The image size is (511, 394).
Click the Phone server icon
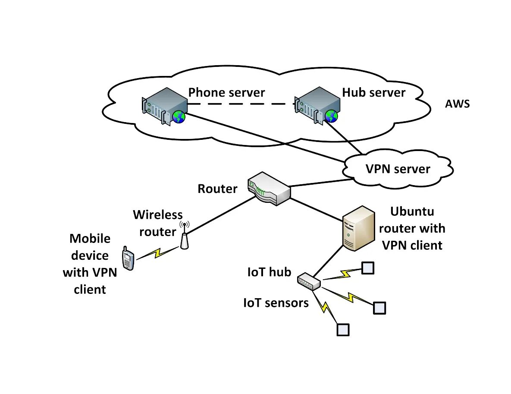click(163, 105)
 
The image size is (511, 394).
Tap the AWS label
click(458, 104)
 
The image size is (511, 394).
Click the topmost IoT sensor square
click(367, 268)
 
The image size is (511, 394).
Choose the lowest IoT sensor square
click(342, 330)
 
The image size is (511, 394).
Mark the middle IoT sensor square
click(379, 308)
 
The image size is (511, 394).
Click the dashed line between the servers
click(241, 104)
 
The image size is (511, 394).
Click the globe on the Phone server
click(179, 117)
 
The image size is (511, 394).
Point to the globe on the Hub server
click(331, 116)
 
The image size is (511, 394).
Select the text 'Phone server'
click(226, 92)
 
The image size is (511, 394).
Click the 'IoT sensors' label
click(276, 303)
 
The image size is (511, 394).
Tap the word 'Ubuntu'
click(412, 211)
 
